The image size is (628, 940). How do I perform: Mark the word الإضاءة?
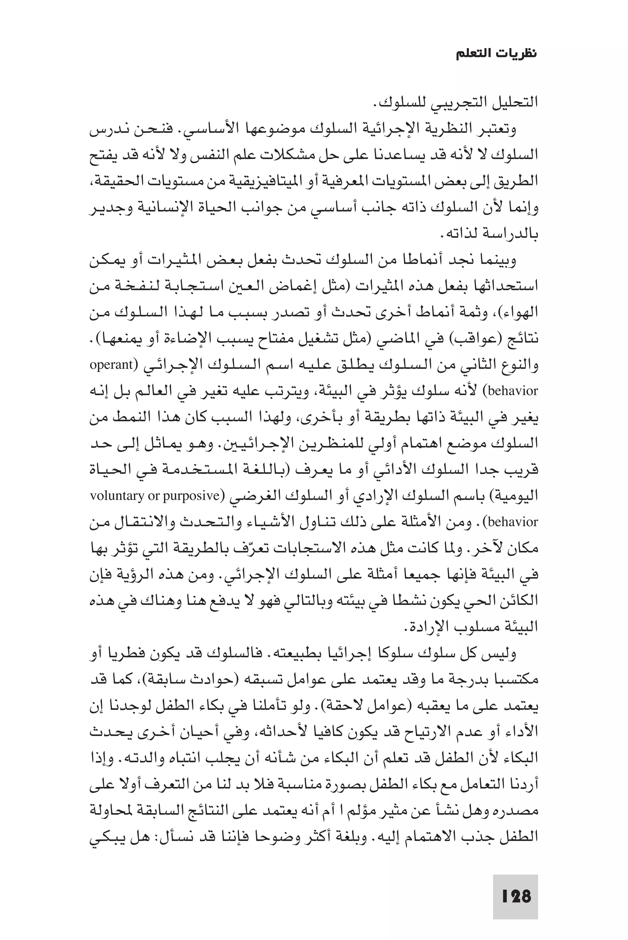pos(184,339)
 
